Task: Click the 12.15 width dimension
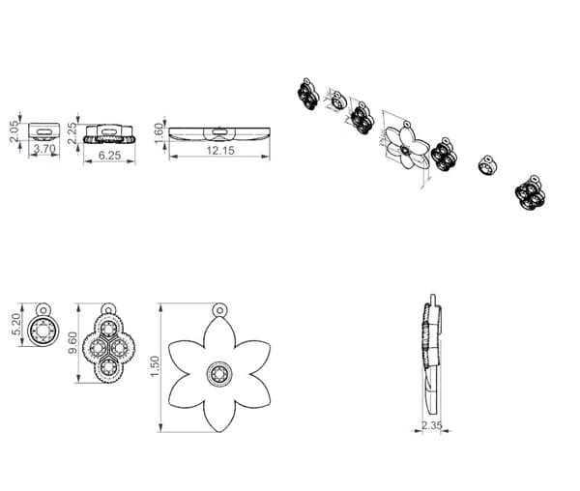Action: point(219,151)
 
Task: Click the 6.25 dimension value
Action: point(109,155)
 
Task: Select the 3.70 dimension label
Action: point(43,150)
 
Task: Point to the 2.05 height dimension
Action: point(14,131)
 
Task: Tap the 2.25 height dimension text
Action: point(72,132)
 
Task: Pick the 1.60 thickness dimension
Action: point(159,131)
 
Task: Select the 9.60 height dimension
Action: point(72,342)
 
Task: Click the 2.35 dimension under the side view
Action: point(432,423)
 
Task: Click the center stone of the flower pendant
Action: point(219,372)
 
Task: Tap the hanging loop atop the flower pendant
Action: point(219,310)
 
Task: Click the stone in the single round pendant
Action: point(43,332)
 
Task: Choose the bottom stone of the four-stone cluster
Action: point(106,365)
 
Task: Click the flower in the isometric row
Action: point(412,149)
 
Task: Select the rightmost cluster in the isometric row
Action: point(530,192)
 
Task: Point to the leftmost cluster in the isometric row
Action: point(307,93)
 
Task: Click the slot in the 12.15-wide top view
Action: point(219,127)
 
